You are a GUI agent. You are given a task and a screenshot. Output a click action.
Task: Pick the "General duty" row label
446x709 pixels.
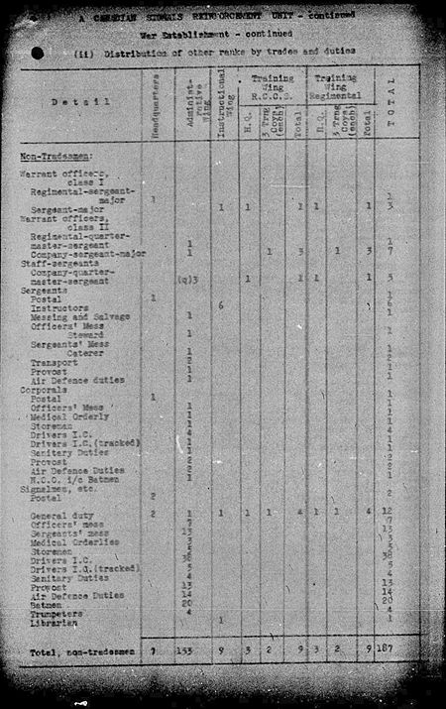[x=58, y=516]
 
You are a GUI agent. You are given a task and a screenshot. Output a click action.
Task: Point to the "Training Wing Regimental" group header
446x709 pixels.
[x=341, y=84]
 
